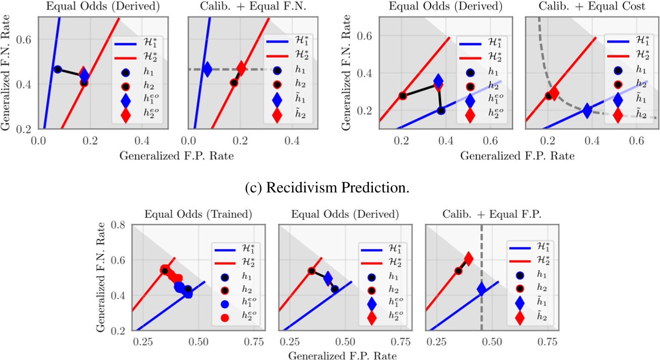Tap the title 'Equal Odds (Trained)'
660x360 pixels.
click(x=198, y=214)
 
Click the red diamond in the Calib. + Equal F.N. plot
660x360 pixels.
click(x=241, y=68)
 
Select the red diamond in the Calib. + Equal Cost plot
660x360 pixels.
click(x=554, y=93)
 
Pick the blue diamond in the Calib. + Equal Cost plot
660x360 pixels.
click(x=587, y=110)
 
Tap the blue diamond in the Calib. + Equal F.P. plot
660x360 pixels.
click(x=481, y=289)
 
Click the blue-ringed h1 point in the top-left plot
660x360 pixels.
click(x=58, y=69)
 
